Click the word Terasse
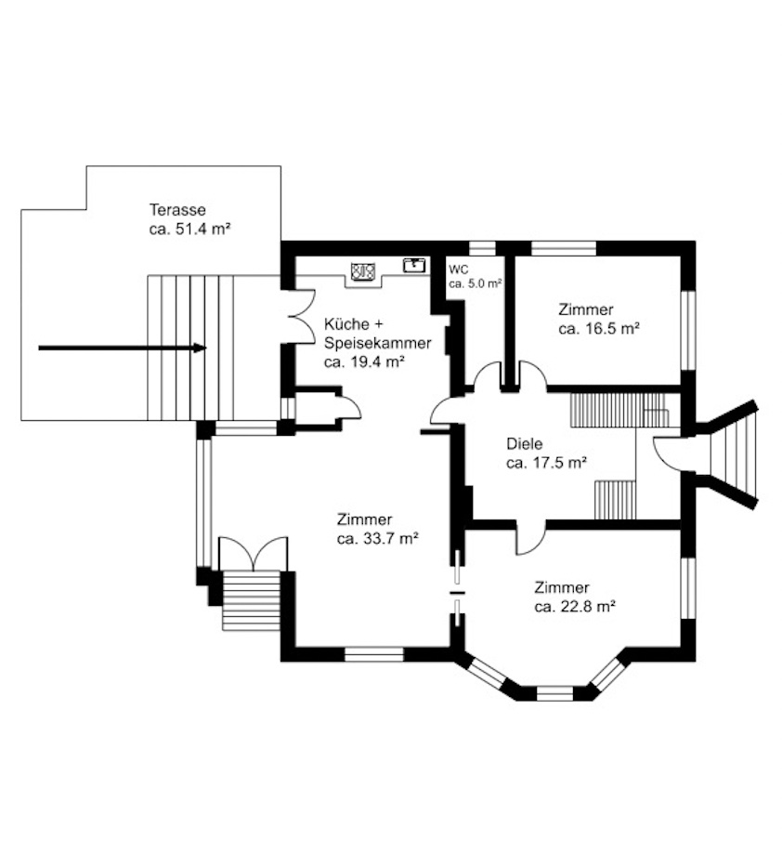click(x=177, y=210)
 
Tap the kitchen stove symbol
click(x=363, y=270)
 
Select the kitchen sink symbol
click(x=414, y=265)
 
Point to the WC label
click(x=458, y=270)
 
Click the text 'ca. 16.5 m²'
click(x=599, y=329)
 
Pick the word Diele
click(x=525, y=444)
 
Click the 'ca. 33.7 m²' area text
click(x=377, y=539)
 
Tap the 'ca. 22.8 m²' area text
click(x=575, y=607)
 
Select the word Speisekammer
click(x=378, y=344)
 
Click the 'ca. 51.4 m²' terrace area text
click(x=189, y=229)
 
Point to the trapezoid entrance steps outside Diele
click(x=734, y=455)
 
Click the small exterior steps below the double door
click(x=251, y=600)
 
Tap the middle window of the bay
click(x=554, y=693)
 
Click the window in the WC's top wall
click(x=482, y=248)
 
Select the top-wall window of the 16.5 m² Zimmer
click(x=564, y=248)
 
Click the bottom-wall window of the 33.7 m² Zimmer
click(x=374, y=654)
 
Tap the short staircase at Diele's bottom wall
click(x=615, y=500)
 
